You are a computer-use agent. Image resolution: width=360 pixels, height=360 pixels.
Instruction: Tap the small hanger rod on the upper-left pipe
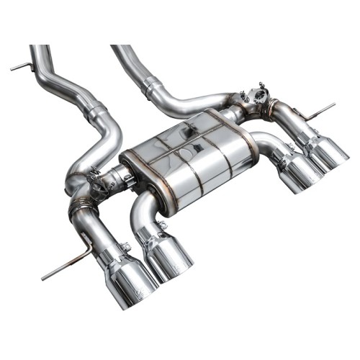point(22,67)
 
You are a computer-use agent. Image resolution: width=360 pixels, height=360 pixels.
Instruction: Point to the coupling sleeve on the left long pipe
point(97,113)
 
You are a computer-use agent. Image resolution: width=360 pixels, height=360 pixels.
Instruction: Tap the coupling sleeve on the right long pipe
point(155,90)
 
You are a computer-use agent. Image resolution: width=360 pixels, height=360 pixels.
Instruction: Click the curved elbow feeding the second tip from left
point(140,209)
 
